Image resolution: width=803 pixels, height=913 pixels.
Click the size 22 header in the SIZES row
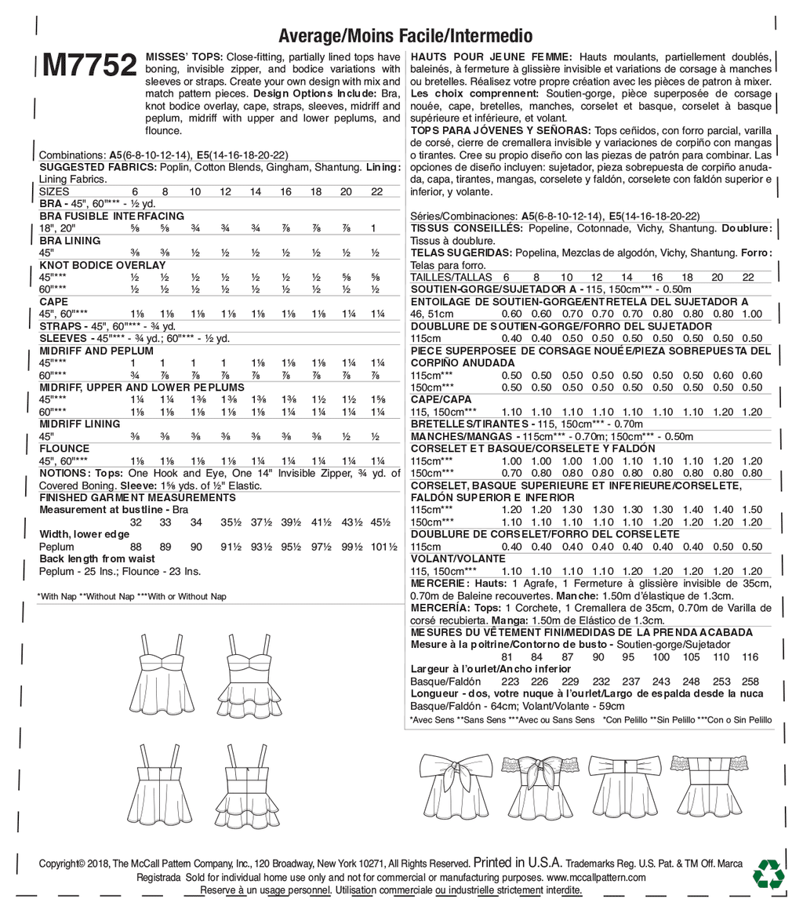tap(376, 191)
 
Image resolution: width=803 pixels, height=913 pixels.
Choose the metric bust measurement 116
tap(750, 657)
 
